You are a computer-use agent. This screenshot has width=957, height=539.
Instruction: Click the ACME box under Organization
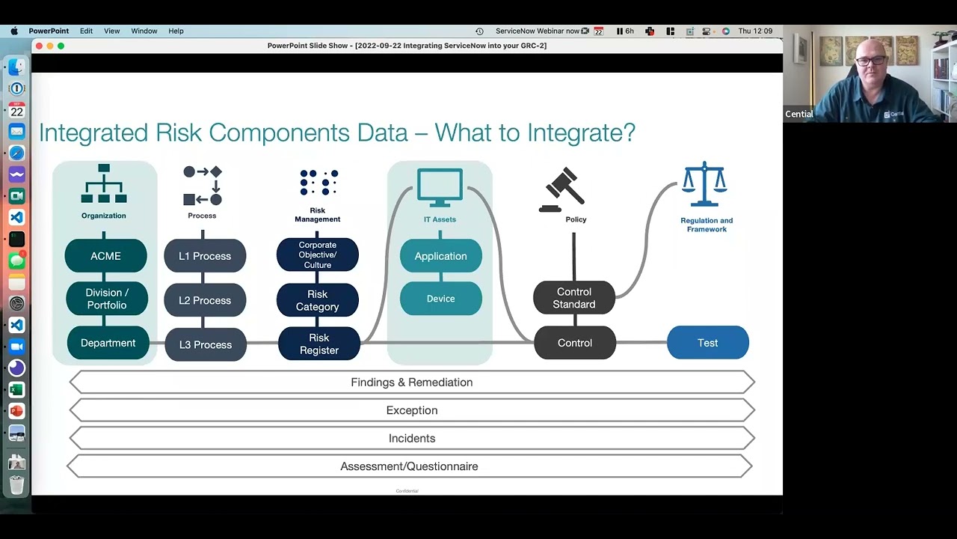point(105,256)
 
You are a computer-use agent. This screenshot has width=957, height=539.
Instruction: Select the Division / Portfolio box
point(106,299)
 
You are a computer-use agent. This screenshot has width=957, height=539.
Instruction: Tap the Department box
point(108,343)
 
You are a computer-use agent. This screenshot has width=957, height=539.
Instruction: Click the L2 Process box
point(205,300)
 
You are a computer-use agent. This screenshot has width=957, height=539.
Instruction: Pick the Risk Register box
point(319,344)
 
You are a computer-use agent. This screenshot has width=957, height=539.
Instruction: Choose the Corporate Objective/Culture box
point(317,255)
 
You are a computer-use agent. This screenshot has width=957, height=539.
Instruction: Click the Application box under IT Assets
point(440,256)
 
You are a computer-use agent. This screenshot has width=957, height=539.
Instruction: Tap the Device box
point(440,299)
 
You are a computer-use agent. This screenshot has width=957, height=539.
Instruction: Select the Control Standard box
point(573,298)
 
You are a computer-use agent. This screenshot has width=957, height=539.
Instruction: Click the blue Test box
point(707,343)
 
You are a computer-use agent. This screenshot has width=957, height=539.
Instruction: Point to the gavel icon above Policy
point(562,189)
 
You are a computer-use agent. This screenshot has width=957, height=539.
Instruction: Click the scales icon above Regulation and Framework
point(704,184)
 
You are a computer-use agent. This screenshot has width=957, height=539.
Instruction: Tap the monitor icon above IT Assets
point(440,188)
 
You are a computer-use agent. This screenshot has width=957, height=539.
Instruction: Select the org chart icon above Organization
point(104,184)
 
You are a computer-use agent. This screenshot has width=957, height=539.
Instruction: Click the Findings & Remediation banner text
point(411,383)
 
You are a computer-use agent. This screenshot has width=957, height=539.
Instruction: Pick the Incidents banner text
point(411,439)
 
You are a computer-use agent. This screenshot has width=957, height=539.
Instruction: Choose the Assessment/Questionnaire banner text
point(409,466)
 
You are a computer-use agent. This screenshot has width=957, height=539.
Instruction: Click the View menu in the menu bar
point(111,31)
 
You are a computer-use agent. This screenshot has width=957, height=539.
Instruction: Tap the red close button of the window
point(39,46)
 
